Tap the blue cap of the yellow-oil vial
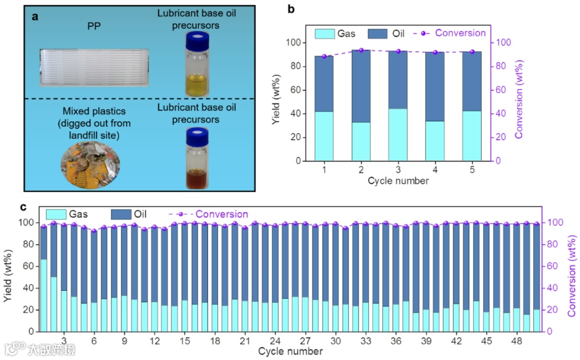[x=196, y=40]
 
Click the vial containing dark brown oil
[x=196, y=161]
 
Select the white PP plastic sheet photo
[x=94, y=67]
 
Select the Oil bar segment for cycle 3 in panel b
[x=398, y=80]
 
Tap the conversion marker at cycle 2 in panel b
[x=361, y=50]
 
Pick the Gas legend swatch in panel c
[x=60, y=214]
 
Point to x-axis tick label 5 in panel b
[x=472, y=170]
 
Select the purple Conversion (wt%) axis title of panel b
[x=519, y=99]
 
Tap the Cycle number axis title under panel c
[x=290, y=351]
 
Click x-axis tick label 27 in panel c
[x=305, y=341]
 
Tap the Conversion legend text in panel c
[x=222, y=214]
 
